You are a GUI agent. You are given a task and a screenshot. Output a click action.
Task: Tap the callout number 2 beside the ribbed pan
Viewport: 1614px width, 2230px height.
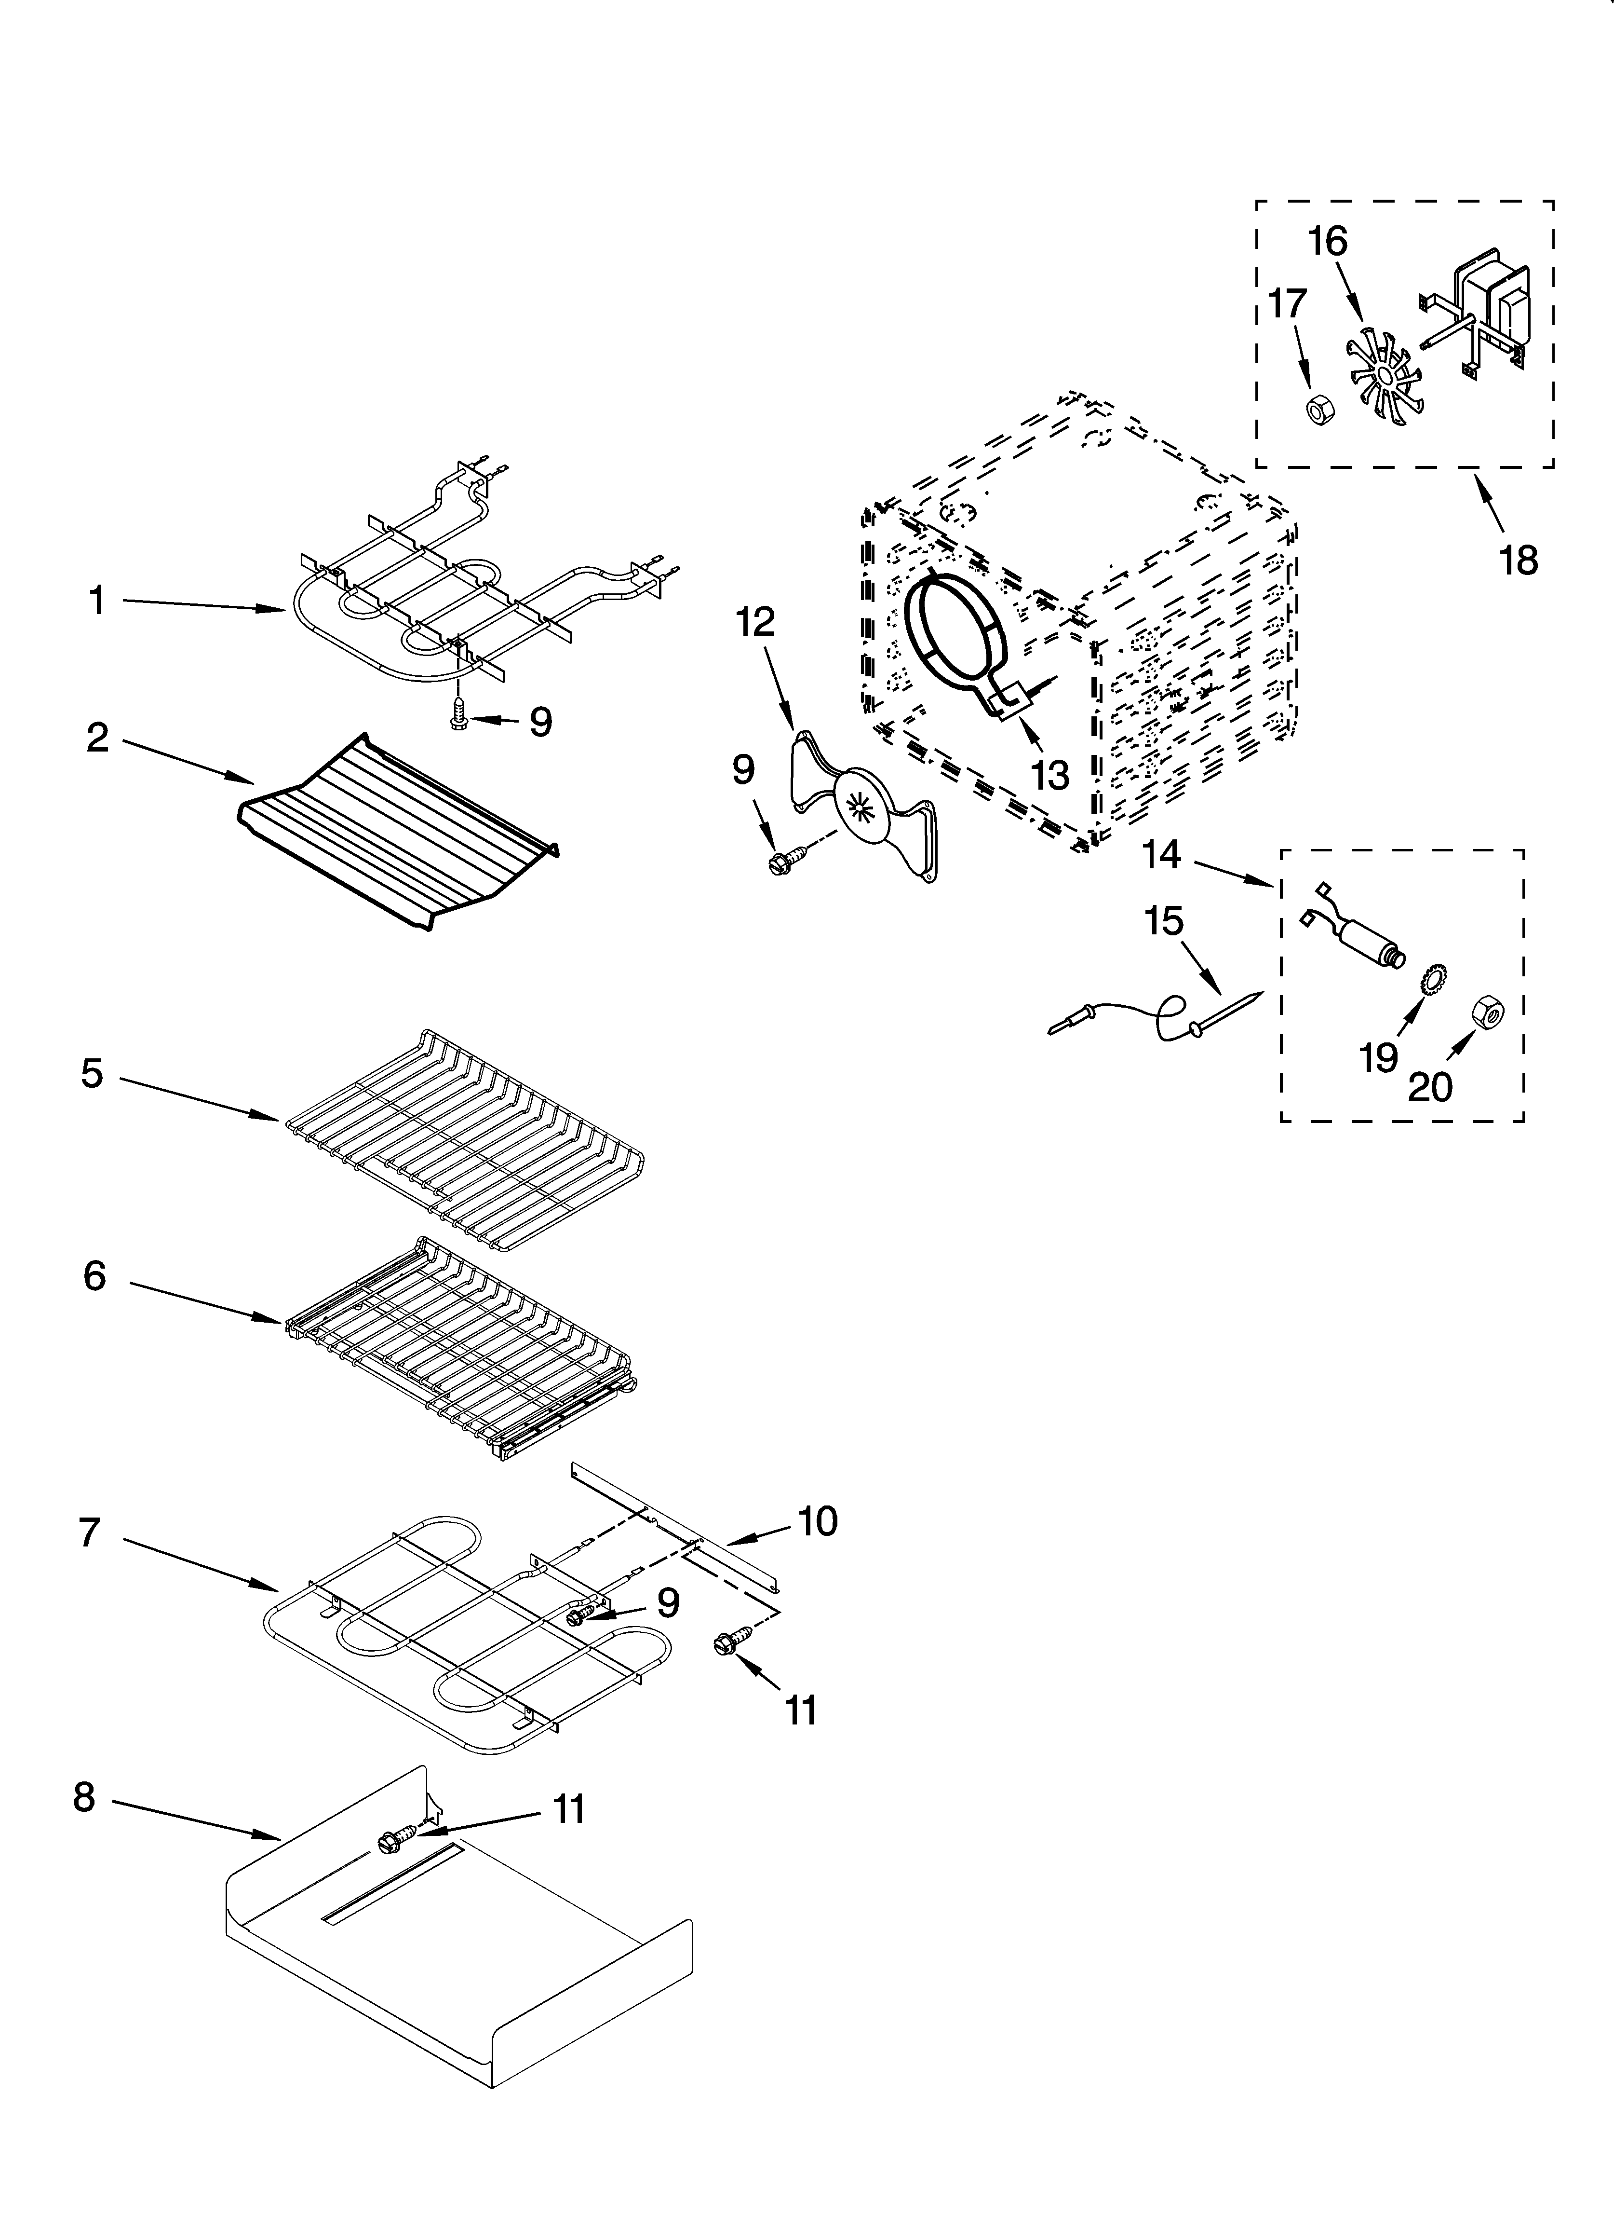[x=96, y=738]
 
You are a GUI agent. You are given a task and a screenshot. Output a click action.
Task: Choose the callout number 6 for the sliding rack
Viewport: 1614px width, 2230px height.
[x=94, y=1276]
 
